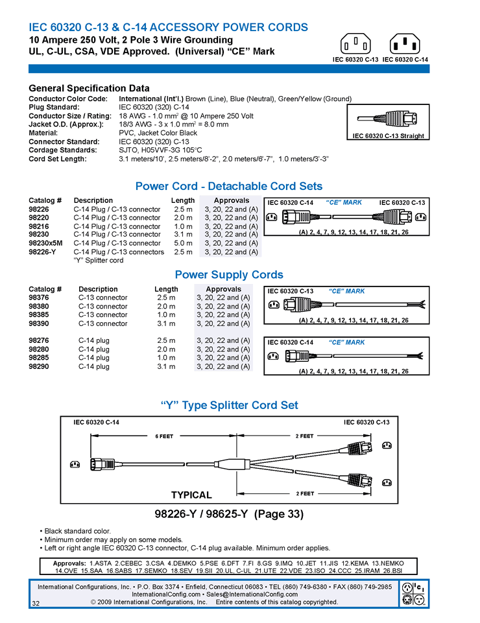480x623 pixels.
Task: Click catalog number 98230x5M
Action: [45, 243]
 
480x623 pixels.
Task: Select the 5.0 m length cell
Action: [183, 243]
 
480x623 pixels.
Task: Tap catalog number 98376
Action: [38, 298]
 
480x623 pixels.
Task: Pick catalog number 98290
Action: [38, 366]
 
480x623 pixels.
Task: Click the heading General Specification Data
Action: [89, 88]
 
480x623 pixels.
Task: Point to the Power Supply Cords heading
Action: [229, 275]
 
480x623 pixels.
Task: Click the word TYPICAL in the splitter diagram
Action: [191, 495]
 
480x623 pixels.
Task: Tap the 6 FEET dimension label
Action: [164, 436]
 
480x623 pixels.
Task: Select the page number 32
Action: [36, 604]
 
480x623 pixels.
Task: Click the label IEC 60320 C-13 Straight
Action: [388, 136]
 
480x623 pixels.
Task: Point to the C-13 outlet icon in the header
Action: [356, 45]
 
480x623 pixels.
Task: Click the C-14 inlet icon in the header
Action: [405, 45]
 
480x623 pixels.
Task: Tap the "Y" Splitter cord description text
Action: [98, 261]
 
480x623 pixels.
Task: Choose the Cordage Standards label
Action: [63, 150]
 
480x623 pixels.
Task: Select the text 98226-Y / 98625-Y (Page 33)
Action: [229, 515]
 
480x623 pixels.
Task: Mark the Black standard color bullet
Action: [77, 531]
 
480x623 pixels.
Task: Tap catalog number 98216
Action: [38, 226]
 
